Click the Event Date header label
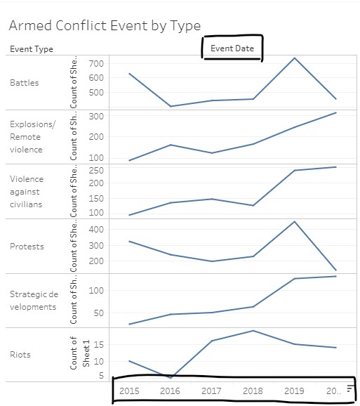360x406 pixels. point(232,48)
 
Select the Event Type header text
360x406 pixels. point(32,49)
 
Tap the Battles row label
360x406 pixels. point(25,83)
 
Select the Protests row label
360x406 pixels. point(27,247)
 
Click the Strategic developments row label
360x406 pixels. point(34,301)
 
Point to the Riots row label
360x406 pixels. point(20,355)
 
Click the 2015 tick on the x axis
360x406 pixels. point(129,391)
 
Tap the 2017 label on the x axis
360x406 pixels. point(212,391)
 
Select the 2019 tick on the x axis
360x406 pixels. point(295,391)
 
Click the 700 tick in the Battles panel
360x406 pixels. point(97,64)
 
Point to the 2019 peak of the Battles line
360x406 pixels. point(295,58)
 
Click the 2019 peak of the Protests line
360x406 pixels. point(295,221)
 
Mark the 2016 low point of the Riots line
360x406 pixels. point(171,378)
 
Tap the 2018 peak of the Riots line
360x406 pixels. point(253,330)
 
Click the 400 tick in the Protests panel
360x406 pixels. point(97,229)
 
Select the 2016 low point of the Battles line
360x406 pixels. point(171,106)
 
